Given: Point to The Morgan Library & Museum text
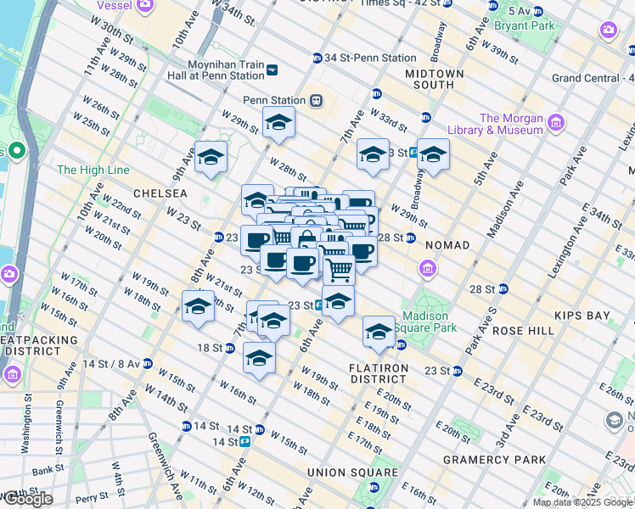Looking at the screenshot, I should coord(511,124).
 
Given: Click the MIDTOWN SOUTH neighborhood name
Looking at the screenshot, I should coord(434,80).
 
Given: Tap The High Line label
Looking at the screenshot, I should coord(93,170).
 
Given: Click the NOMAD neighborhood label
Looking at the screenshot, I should coord(447,245).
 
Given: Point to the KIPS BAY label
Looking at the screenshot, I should coord(582,316).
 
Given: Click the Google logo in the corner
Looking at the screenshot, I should coord(27,499).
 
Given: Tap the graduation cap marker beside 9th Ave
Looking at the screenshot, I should coord(211,158).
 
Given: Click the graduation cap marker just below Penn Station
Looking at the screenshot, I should coord(278,124).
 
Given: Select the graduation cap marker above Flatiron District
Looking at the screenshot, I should coord(379,332).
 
